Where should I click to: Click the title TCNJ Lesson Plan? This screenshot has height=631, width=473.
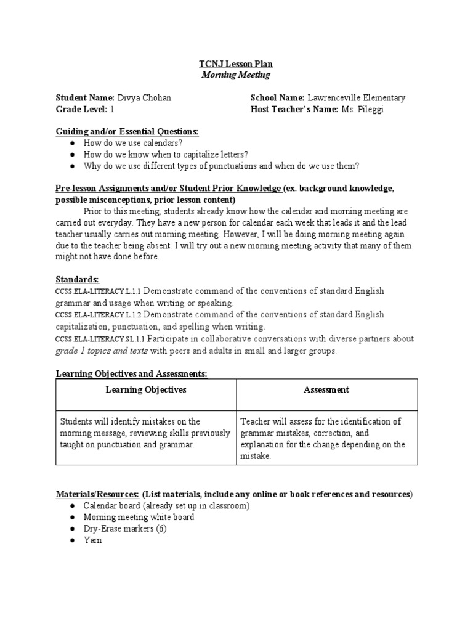(236, 64)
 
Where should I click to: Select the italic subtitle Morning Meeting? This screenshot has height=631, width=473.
(236, 75)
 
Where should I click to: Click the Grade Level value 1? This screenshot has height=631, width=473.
(112, 109)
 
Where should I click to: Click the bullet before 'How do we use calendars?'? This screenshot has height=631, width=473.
(72, 143)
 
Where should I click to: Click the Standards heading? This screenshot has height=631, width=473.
(77, 279)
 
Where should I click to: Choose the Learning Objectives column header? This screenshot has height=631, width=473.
(146, 389)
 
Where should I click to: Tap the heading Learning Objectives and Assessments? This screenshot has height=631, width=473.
(132, 373)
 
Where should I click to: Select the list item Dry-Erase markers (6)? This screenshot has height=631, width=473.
(125, 529)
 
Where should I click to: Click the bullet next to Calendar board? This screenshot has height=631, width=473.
(72, 506)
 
